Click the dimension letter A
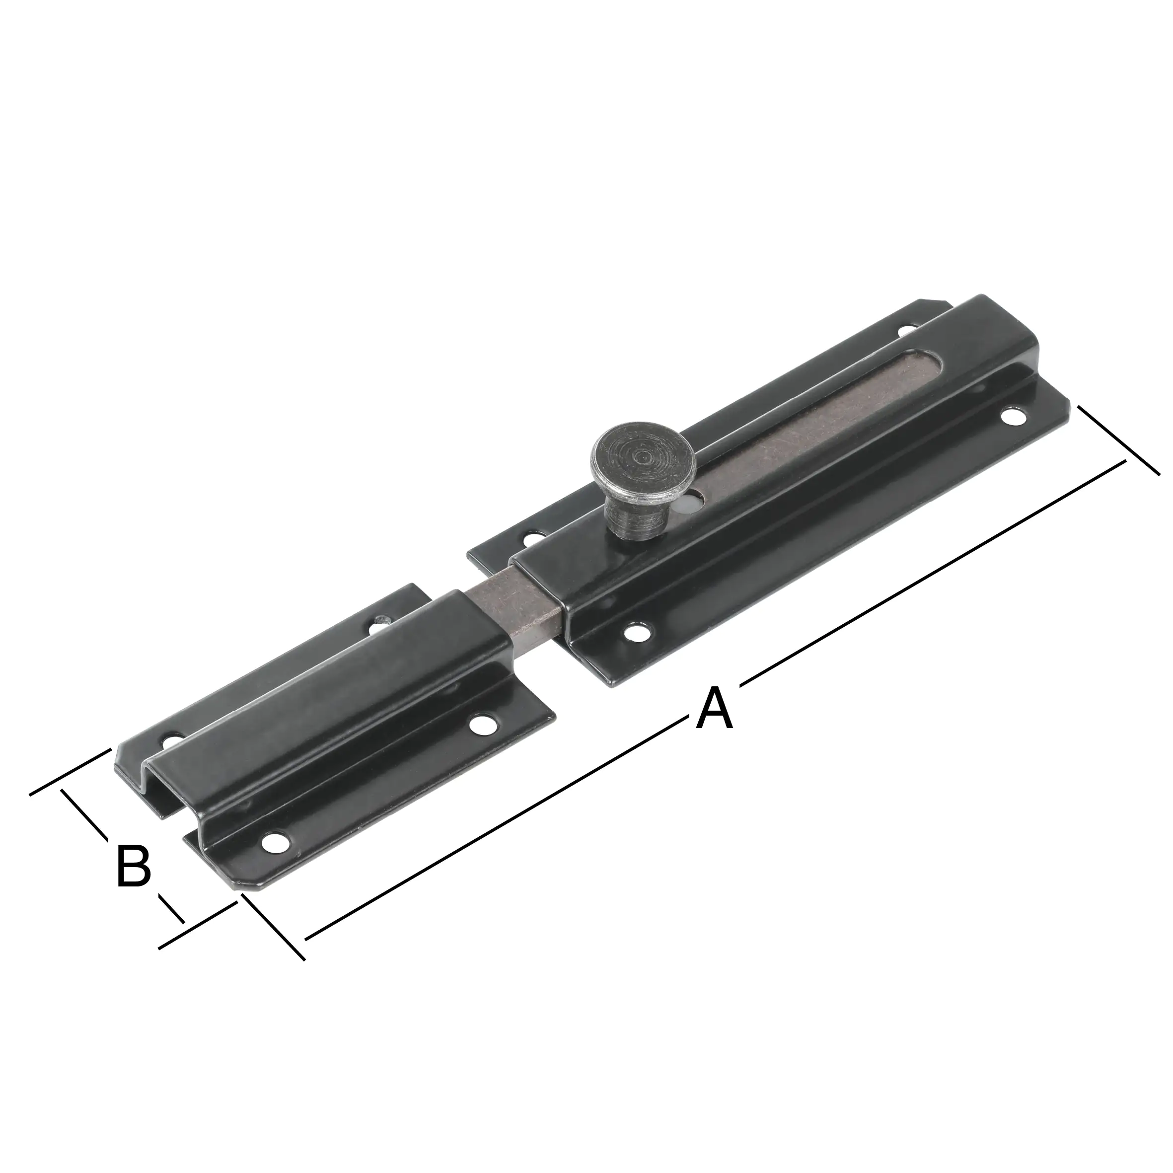pos(715,708)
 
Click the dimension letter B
pos(133,866)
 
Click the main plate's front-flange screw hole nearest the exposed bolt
pos(636,633)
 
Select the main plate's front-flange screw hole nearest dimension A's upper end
pos(1013,418)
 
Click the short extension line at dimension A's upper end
pos(1119,440)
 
